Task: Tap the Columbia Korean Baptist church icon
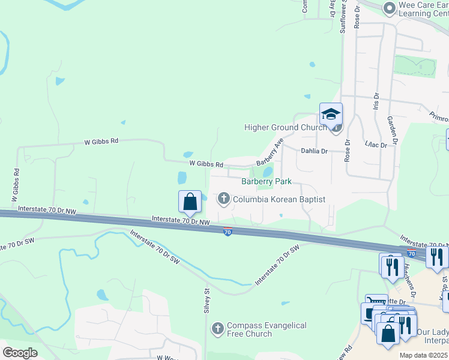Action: point(224,199)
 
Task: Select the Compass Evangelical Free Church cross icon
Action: point(217,328)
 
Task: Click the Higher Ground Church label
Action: point(285,127)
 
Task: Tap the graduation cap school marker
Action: point(331,114)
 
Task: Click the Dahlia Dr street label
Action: point(315,152)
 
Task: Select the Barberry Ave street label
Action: point(270,154)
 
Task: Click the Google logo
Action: point(20,352)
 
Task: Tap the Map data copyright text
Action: point(424,355)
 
